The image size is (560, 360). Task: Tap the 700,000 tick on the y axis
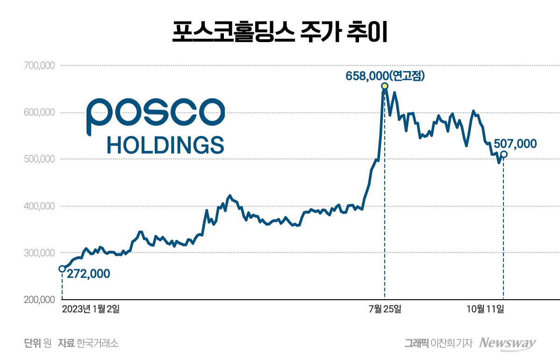[x=38, y=66]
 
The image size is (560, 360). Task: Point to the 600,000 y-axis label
[x=38, y=113]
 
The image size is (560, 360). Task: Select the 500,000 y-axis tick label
[x=38, y=159]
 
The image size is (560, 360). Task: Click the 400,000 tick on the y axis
[x=38, y=206]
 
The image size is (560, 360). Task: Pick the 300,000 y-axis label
[x=38, y=253]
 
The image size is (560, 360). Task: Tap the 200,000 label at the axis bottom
[x=38, y=300]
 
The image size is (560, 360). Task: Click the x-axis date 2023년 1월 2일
[x=91, y=309]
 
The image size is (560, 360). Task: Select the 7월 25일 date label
[x=385, y=309]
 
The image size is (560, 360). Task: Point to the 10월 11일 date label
[x=486, y=309]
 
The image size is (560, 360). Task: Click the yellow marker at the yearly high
[x=385, y=86]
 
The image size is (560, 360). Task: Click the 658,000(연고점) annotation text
[x=385, y=75]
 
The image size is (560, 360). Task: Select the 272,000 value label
[x=88, y=274]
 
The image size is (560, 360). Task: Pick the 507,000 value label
[x=515, y=144]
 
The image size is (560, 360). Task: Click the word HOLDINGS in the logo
[x=165, y=145]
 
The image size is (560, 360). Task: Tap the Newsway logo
[x=508, y=343]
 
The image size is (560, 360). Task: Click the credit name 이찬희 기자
[x=452, y=344]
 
